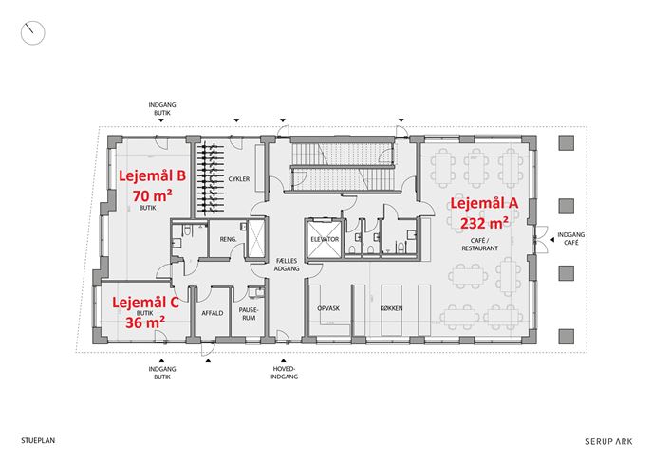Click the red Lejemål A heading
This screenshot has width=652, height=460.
point(484,204)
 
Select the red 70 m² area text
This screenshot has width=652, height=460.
point(153,195)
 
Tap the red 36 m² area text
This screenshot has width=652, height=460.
point(145,322)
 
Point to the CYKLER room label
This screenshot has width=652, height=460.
point(239,179)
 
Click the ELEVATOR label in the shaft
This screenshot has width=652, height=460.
point(325,239)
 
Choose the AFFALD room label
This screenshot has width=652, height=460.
point(213,313)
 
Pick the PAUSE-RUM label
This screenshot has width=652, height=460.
point(249,314)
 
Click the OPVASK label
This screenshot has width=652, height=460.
point(328,308)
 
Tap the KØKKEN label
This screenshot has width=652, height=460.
point(391,308)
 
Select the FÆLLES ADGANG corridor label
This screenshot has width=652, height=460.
point(287,265)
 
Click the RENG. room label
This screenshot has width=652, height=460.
point(229,239)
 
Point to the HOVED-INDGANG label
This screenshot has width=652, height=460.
point(285,373)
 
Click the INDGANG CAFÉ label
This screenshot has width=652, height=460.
point(571,238)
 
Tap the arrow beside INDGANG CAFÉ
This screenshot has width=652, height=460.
point(551,239)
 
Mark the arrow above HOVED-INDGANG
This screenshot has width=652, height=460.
point(284,360)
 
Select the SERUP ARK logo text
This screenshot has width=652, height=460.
point(608,441)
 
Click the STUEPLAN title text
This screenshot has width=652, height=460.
point(38,440)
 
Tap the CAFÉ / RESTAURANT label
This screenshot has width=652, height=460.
point(480,245)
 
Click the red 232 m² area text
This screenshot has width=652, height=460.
point(484,223)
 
